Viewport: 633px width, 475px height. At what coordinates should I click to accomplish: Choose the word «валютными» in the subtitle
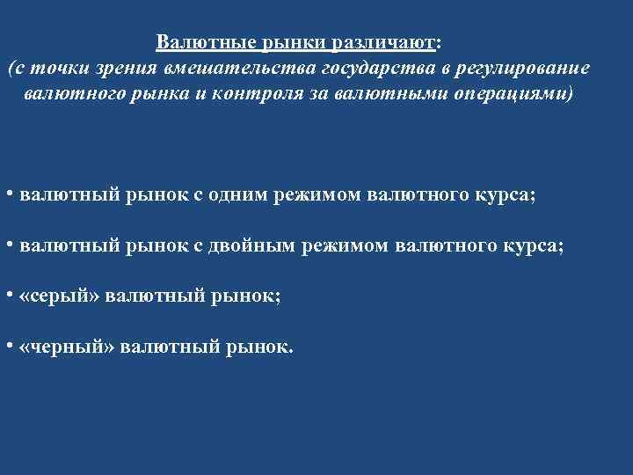coord(384,93)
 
